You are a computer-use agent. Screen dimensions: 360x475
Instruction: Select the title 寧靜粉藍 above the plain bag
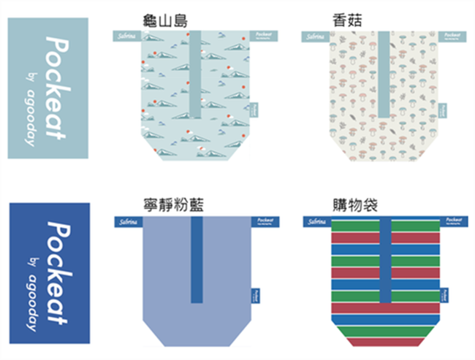175,206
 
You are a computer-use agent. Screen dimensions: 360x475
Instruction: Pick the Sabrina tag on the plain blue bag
123,221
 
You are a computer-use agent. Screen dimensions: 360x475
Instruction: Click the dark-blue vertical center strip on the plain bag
197,259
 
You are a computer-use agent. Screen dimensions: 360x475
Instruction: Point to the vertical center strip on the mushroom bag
384,73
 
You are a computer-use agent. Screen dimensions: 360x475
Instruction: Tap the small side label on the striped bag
444,294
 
